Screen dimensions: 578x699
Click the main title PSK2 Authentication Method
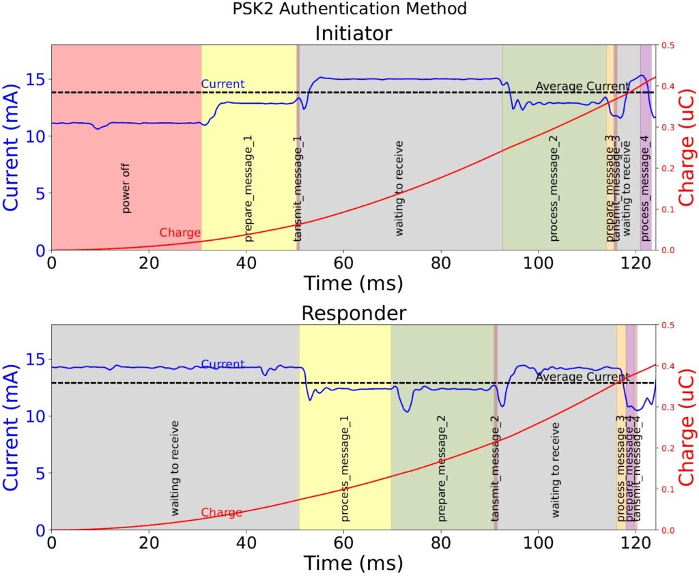click(x=349, y=9)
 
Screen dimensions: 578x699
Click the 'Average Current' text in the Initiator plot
click(x=582, y=86)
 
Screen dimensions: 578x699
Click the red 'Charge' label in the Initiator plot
click(x=180, y=233)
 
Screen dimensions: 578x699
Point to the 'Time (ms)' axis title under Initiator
click(x=353, y=282)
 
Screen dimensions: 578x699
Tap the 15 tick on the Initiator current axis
click(x=38, y=79)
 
